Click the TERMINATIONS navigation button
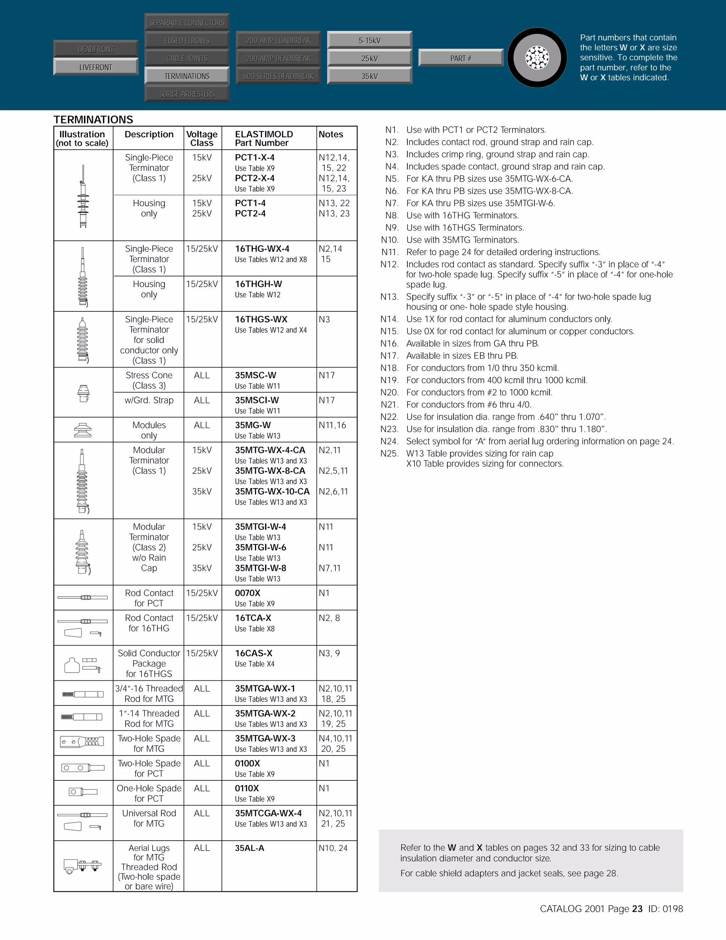tap(187, 76)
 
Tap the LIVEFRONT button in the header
tap(95, 67)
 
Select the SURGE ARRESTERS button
tap(187, 94)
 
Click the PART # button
tap(460, 58)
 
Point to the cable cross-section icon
tap(537, 58)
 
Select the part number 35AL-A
tap(250, 848)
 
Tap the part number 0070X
tap(248, 593)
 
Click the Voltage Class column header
tap(202, 138)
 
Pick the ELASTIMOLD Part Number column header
tap(264, 138)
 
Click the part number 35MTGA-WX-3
tap(265, 739)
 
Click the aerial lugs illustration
tap(83, 865)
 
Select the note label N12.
tap(389, 264)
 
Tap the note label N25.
tap(389, 454)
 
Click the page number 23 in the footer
tap(637, 908)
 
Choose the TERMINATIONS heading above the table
tap(93, 119)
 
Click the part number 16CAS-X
tap(253, 653)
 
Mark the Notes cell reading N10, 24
tap(333, 848)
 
